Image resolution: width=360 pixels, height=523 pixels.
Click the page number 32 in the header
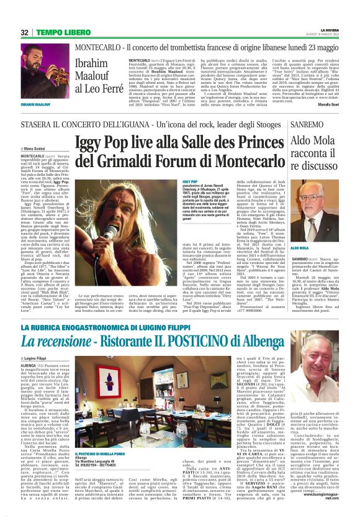tap(25, 32)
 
